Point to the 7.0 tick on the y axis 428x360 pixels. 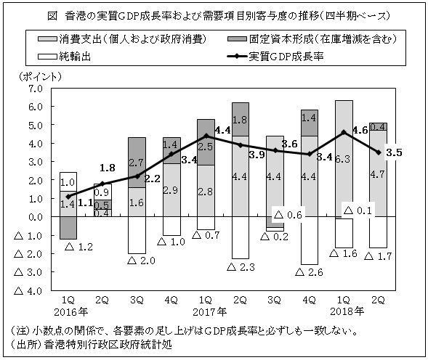pos(34,88)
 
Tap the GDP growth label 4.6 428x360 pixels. pos(360,131)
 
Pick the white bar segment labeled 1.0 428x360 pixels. pos(68,181)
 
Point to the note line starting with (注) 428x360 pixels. pos(196,330)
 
